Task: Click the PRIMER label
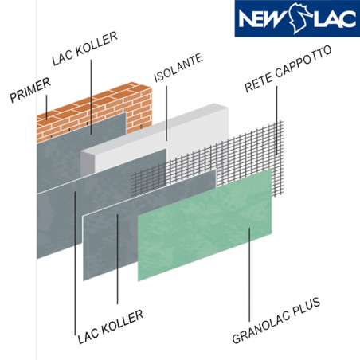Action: [x=30, y=90]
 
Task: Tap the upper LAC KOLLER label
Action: [x=84, y=49]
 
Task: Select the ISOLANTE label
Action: [x=178, y=68]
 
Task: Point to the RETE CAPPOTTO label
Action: [x=288, y=68]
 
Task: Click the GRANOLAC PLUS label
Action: [x=276, y=320]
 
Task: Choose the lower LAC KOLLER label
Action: [x=111, y=327]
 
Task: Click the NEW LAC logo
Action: [x=297, y=18]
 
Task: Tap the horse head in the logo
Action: [x=298, y=18]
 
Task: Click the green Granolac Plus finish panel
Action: [x=205, y=225]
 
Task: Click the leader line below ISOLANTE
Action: [x=166, y=113]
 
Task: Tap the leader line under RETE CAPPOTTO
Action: [x=276, y=120]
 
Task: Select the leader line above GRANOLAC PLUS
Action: [x=249, y=275]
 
